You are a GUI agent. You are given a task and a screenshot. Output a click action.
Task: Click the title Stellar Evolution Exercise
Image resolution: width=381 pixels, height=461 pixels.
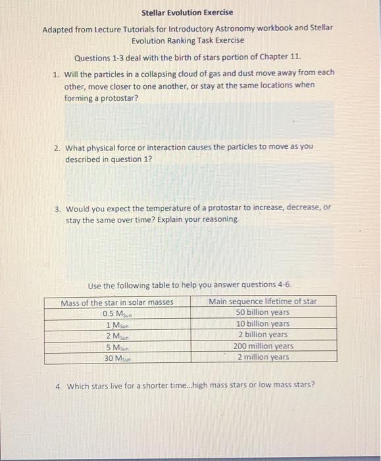(188, 13)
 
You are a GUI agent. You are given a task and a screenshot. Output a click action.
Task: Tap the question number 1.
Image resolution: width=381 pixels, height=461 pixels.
(56, 73)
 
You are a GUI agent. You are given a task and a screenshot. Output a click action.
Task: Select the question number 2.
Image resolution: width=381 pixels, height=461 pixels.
(56, 147)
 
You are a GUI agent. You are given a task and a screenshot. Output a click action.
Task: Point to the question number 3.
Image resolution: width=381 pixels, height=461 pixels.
(56, 209)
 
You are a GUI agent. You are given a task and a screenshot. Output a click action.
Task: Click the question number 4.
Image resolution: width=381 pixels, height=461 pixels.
(58, 385)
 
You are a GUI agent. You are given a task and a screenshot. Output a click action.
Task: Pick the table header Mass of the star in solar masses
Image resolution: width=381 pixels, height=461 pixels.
(117, 302)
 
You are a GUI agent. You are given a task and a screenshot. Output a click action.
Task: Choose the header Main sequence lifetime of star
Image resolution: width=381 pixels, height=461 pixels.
(263, 302)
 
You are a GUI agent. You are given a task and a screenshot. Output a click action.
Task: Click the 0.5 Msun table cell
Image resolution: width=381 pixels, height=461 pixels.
(117, 313)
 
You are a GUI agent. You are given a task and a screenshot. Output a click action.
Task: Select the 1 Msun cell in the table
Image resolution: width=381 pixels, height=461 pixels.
(117, 324)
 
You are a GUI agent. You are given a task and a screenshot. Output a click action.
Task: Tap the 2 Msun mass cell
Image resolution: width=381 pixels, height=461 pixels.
(117, 335)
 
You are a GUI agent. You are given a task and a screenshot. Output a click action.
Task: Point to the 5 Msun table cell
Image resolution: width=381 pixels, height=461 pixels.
(117, 346)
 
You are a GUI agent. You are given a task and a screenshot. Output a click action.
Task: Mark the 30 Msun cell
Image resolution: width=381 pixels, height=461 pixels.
(117, 358)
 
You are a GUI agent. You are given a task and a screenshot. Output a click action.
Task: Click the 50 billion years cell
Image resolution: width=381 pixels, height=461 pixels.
(263, 312)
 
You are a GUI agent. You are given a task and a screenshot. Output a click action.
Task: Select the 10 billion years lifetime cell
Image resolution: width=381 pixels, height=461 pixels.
(263, 323)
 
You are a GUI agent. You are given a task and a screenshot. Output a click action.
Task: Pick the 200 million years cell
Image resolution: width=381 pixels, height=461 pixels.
(263, 346)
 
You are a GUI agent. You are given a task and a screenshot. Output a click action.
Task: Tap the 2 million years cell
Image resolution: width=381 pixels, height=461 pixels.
(263, 357)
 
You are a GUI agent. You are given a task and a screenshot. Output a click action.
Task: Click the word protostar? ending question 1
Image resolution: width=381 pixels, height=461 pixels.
(120, 97)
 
